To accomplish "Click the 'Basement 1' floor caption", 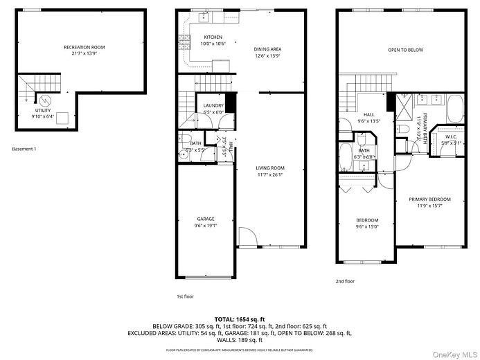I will coord(25,149).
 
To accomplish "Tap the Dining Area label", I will coord(267,49).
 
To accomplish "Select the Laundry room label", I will coord(213,105).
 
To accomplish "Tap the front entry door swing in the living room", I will coord(247,237).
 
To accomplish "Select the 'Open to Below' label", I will coord(405,50).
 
